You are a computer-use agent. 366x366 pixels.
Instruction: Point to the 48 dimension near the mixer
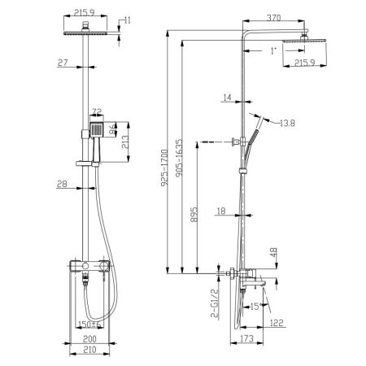tap(273, 252)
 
